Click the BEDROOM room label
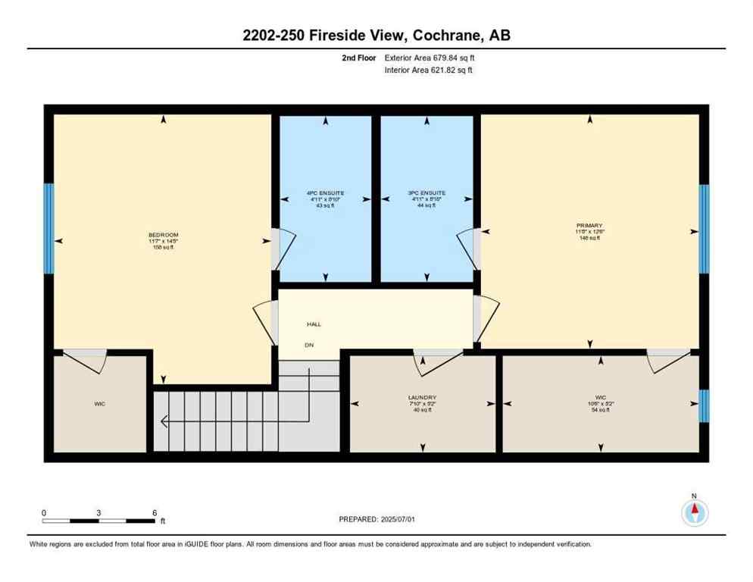[x=163, y=234]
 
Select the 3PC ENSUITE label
[x=426, y=193]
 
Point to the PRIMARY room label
[x=589, y=226]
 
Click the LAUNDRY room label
[x=422, y=397]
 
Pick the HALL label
[x=314, y=324]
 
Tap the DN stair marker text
[x=308, y=345]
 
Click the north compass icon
[x=694, y=512]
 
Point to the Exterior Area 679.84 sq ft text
[x=430, y=58]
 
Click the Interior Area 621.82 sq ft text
[x=429, y=70]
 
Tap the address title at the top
[x=376, y=35]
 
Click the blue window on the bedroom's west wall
[x=48, y=229]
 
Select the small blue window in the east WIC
[x=704, y=405]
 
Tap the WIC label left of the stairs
[x=100, y=404]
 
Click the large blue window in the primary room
[x=704, y=229]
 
